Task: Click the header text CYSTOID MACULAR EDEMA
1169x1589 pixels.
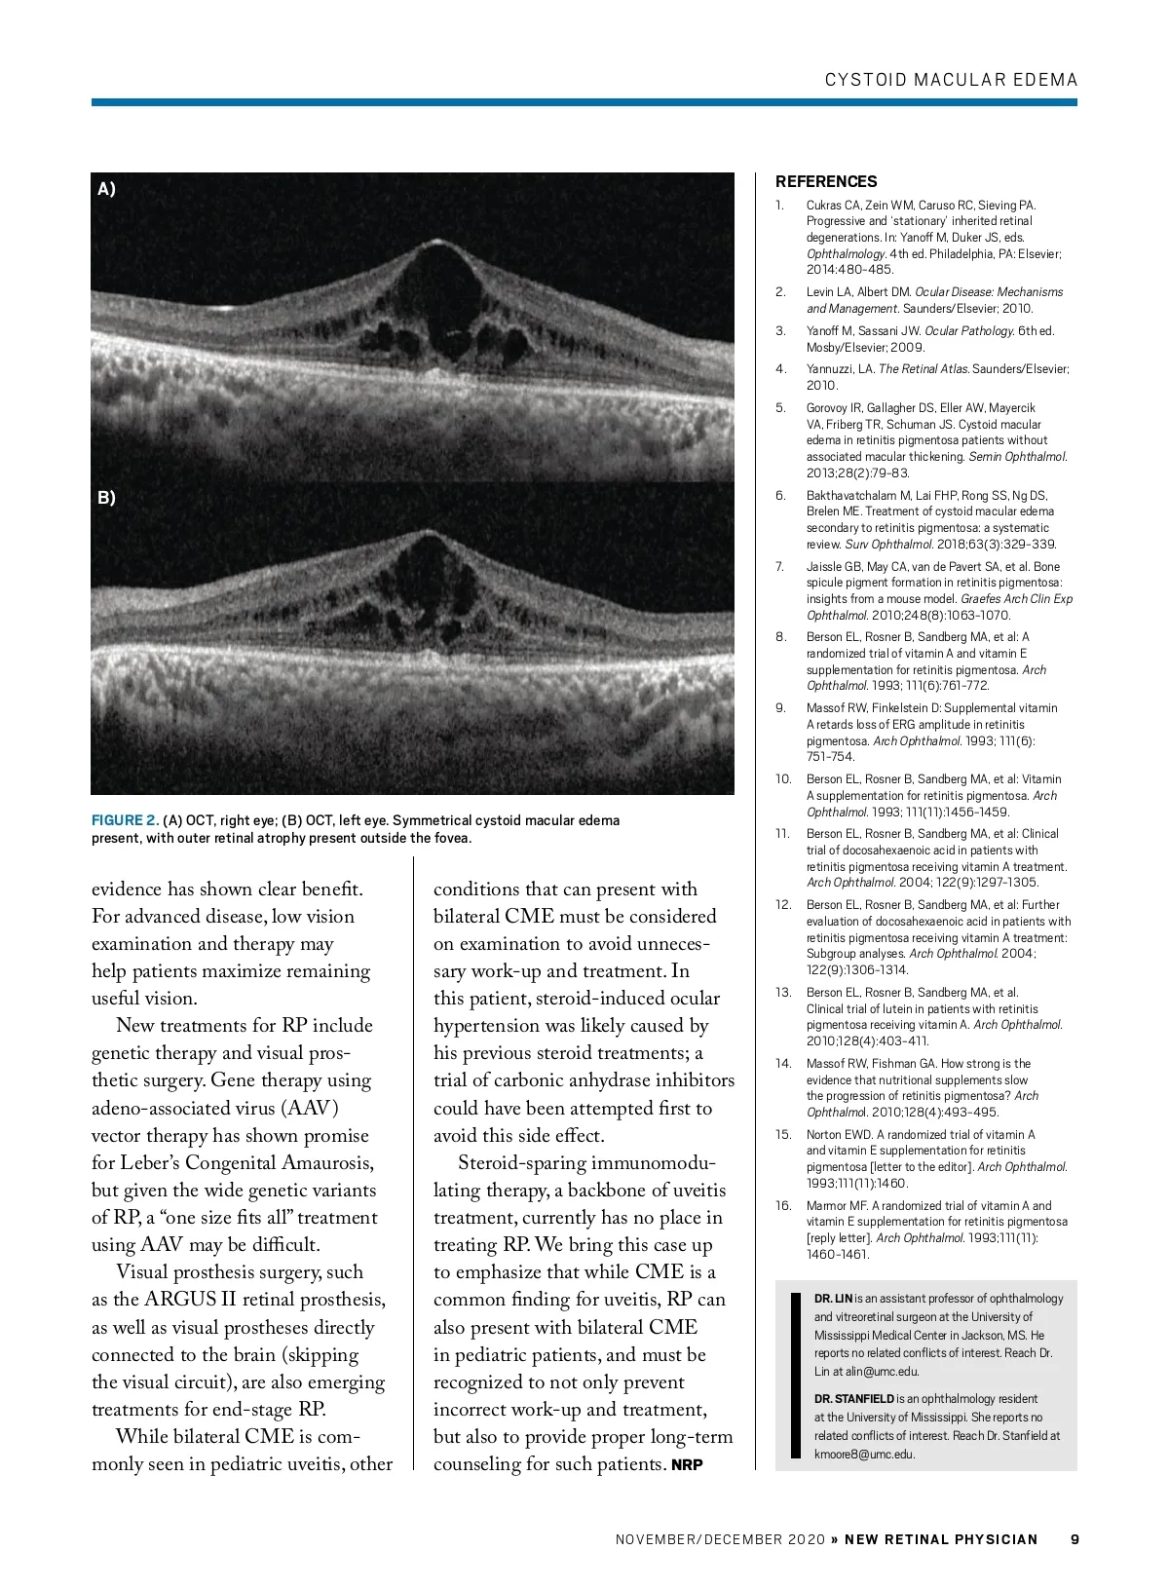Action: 951,80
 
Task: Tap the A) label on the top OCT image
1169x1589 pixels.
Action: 106,189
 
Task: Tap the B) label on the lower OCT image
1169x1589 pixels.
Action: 106,497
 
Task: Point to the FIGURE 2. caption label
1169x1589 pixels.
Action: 125,820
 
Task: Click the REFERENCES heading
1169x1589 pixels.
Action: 826,181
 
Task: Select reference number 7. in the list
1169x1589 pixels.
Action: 780,567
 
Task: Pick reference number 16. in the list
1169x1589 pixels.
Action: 783,1206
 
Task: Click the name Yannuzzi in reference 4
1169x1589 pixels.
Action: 830,369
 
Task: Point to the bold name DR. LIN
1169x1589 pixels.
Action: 833,1299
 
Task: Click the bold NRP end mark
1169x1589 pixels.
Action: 687,1465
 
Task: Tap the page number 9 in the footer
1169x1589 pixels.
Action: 1075,1539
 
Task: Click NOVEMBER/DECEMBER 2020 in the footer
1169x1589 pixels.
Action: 720,1540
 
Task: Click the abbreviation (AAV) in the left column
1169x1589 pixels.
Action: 310,1109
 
